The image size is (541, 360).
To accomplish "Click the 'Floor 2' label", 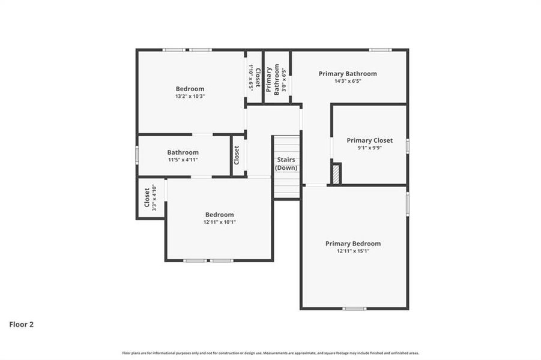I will (x=21, y=325).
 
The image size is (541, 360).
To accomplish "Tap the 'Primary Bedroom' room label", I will (x=353, y=244).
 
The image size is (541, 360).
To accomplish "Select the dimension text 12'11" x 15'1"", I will (x=353, y=251).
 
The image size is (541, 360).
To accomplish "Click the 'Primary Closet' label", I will (x=369, y=140).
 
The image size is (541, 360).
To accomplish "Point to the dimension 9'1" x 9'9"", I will (x=369, y=148).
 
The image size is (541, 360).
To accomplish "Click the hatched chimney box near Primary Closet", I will (x=336, y=174).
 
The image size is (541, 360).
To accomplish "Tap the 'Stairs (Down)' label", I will (x=286, y=164).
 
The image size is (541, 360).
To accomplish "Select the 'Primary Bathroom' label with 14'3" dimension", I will (x=348, y=74).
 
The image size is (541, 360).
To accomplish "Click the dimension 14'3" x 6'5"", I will (x=348, y=81).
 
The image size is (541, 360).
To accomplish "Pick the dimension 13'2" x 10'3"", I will (x=190, y=96).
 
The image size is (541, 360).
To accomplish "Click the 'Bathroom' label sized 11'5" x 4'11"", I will (x=183, y=152).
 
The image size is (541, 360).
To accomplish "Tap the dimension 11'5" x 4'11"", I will (x=183, y=160).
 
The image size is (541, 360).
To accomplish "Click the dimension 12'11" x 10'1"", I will (x=219, y=222).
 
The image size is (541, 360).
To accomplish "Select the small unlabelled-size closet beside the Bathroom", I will (x=237, y=155).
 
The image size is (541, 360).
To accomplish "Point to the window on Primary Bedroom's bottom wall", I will (x=354, y=308).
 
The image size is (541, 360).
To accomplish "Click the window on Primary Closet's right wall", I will (x=407, y=145).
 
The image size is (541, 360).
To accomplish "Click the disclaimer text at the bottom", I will (x=270, y=353).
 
